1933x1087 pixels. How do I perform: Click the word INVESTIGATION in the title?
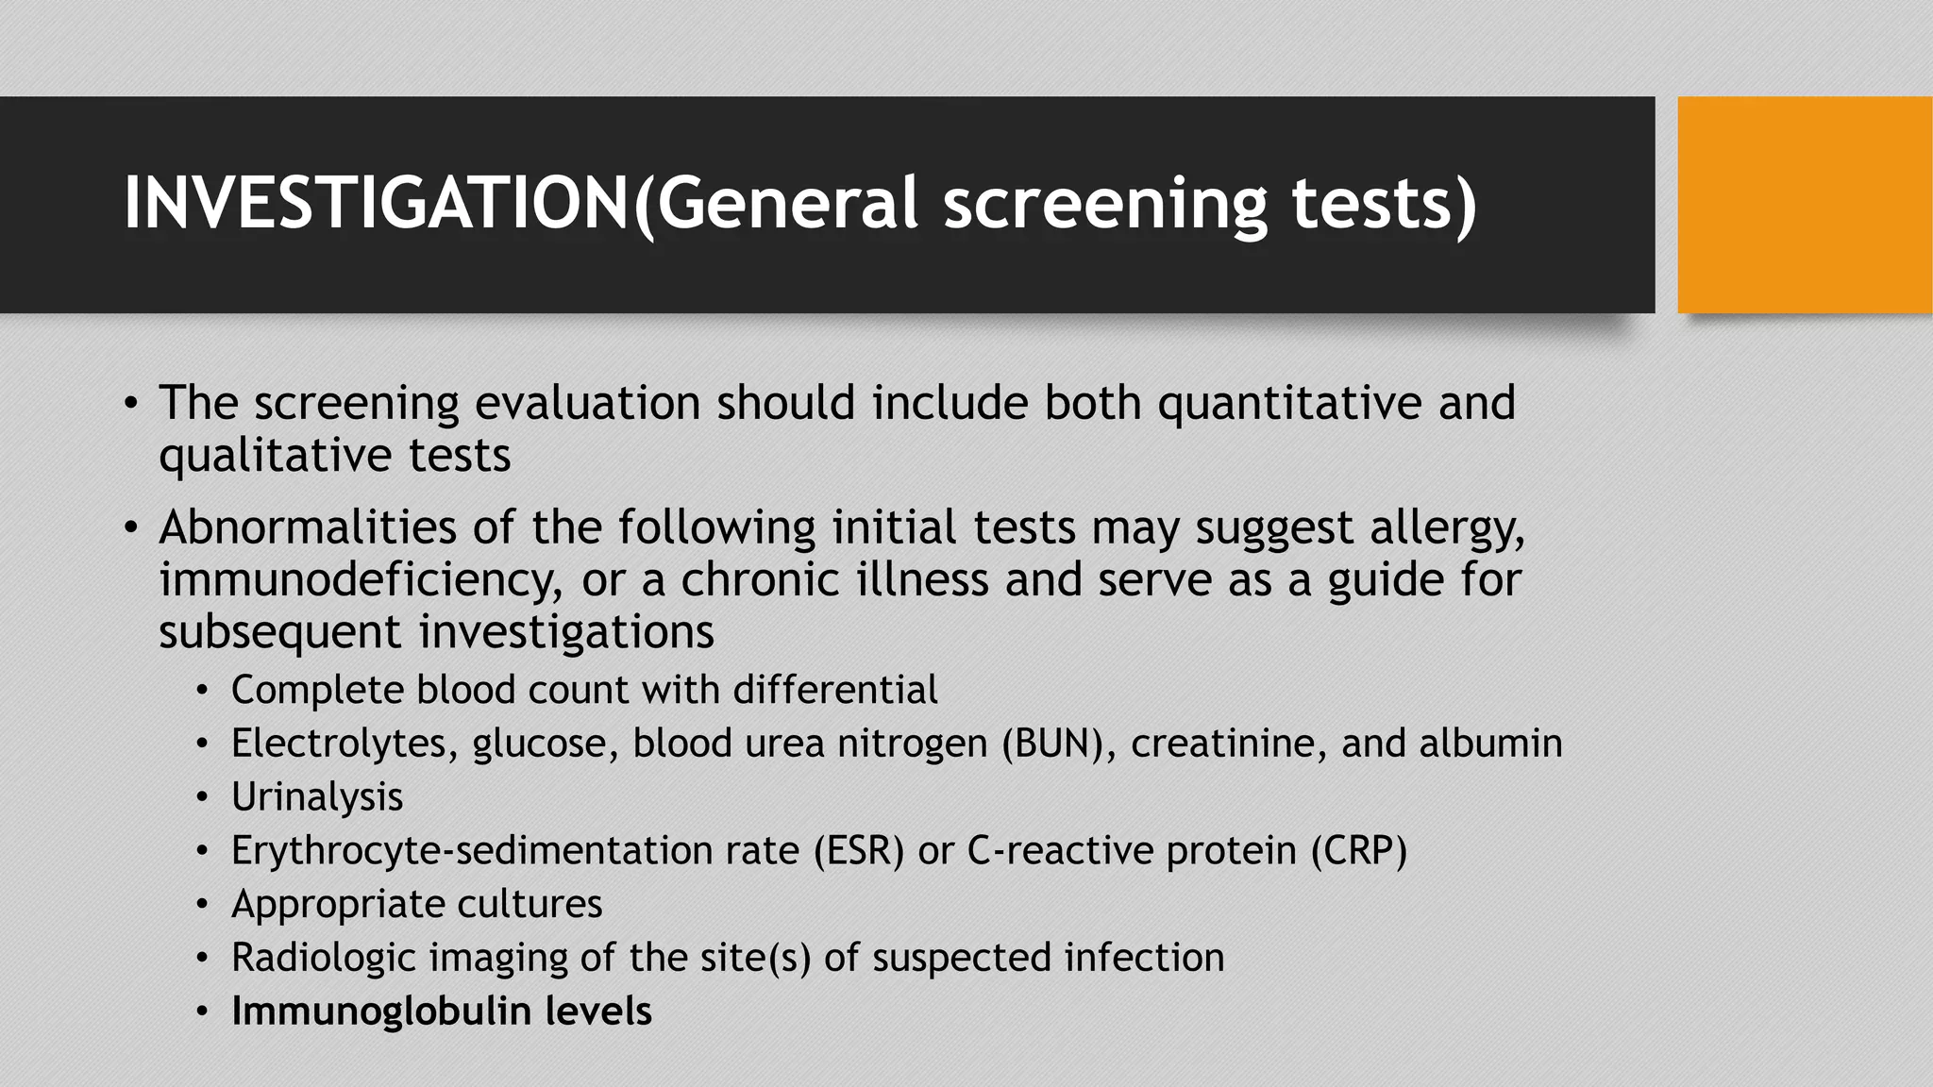coord(376,203)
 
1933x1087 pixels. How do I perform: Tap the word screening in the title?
coord(1105,203)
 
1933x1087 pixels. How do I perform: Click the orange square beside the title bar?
coord(1805,205)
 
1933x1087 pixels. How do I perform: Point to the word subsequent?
coord(280,631)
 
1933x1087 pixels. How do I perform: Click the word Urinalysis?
coord(317,797)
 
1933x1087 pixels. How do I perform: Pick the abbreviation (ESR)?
coord(859,851)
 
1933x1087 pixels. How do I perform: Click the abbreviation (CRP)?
coord(1358,851)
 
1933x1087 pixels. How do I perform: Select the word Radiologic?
coord(323,958)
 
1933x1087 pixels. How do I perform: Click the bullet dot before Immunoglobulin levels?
coord(201,1012)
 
